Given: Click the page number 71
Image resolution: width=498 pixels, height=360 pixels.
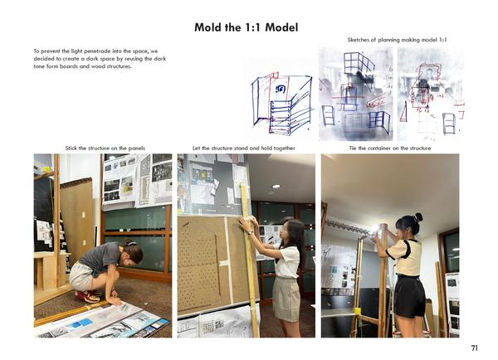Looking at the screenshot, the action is click(474, 348).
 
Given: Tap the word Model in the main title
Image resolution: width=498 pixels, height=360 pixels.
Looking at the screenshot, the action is click(281, 27).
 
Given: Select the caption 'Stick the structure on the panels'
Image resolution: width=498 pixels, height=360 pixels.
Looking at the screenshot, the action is click(105, 148).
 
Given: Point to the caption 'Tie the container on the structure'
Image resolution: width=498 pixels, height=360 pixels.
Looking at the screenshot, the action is click(390, 148).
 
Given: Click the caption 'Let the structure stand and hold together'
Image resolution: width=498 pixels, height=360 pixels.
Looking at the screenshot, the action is click(243, 148).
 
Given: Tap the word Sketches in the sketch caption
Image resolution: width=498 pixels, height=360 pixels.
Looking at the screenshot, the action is click(359, 40).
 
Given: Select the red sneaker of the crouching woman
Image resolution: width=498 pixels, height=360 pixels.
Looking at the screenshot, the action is click(88, 297).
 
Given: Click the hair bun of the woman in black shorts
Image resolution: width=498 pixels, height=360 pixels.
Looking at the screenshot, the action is click(418, 217).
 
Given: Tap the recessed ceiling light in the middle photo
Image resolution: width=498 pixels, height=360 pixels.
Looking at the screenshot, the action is click(276, 187).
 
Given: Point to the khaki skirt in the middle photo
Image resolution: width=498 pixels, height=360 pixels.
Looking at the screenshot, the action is click(286, 299).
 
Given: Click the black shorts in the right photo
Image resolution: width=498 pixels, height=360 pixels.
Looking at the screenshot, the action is click(409, 296).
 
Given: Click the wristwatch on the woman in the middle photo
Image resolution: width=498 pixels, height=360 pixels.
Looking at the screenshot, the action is click(251, 233).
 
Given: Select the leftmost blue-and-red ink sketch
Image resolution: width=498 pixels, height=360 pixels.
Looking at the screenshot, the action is click(281, 102).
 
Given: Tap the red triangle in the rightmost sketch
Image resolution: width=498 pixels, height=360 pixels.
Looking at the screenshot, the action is click(403, 112).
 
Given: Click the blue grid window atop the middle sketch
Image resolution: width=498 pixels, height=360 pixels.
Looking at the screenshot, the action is click(359, 64).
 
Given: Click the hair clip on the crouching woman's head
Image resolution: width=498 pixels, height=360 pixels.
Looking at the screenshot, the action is click(131, 244).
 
